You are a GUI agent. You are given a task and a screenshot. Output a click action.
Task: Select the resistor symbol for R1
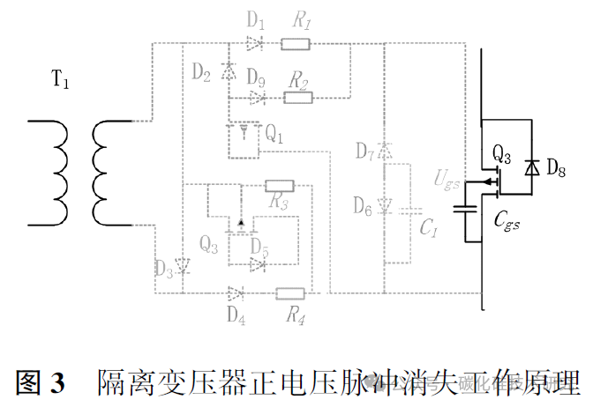(296, 43)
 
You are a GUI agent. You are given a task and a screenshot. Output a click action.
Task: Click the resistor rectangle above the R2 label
(297, 96)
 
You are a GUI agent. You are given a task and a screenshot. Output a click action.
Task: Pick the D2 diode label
(202, 73)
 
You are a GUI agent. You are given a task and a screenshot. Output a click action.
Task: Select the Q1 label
(274, 135)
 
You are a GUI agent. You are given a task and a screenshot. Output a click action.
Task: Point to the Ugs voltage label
(447, 180)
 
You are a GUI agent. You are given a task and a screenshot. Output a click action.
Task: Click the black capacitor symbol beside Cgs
(464, 210)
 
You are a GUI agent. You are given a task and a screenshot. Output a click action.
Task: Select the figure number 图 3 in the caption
(41, 382)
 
